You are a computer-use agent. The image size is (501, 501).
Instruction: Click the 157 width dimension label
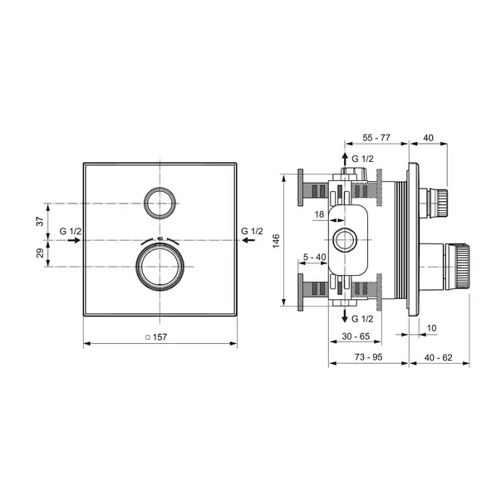tap(160, 337)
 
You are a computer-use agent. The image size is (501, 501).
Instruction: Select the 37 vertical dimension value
tap(40, 221)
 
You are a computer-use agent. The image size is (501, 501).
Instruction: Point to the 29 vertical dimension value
tap(40, 253)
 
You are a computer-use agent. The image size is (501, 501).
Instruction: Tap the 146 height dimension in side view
tap(276, 241)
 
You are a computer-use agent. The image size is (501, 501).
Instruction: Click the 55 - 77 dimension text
tap(376, 138)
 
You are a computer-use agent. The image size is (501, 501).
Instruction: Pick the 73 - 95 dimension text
tap(368, 357)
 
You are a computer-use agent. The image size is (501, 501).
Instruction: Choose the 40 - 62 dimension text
tap(439, 357)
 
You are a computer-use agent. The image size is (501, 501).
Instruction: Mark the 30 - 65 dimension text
tap(356, 336)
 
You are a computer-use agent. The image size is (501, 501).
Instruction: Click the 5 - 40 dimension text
tap(314, 257)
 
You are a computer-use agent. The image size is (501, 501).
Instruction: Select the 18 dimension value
tap(319, 214)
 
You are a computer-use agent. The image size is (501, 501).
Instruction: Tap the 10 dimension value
tap(431, 328)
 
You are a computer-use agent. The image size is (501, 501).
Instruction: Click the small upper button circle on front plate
tap(160, 204)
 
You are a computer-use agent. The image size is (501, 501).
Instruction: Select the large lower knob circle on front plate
tap(160, 267)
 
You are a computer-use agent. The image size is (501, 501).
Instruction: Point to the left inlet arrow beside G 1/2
tap(74, 240)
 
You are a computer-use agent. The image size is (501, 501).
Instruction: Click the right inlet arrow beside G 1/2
tap(248, 240)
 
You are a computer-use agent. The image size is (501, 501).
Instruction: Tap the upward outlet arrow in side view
tap(345, 160)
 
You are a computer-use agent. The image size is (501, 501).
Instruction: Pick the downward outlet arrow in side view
tap(345, 316)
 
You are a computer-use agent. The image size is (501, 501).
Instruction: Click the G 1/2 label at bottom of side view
tap(362, 318)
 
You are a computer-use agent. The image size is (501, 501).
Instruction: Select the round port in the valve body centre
tap(345, 240)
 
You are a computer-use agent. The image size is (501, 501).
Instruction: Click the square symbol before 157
tap(148, 337)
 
